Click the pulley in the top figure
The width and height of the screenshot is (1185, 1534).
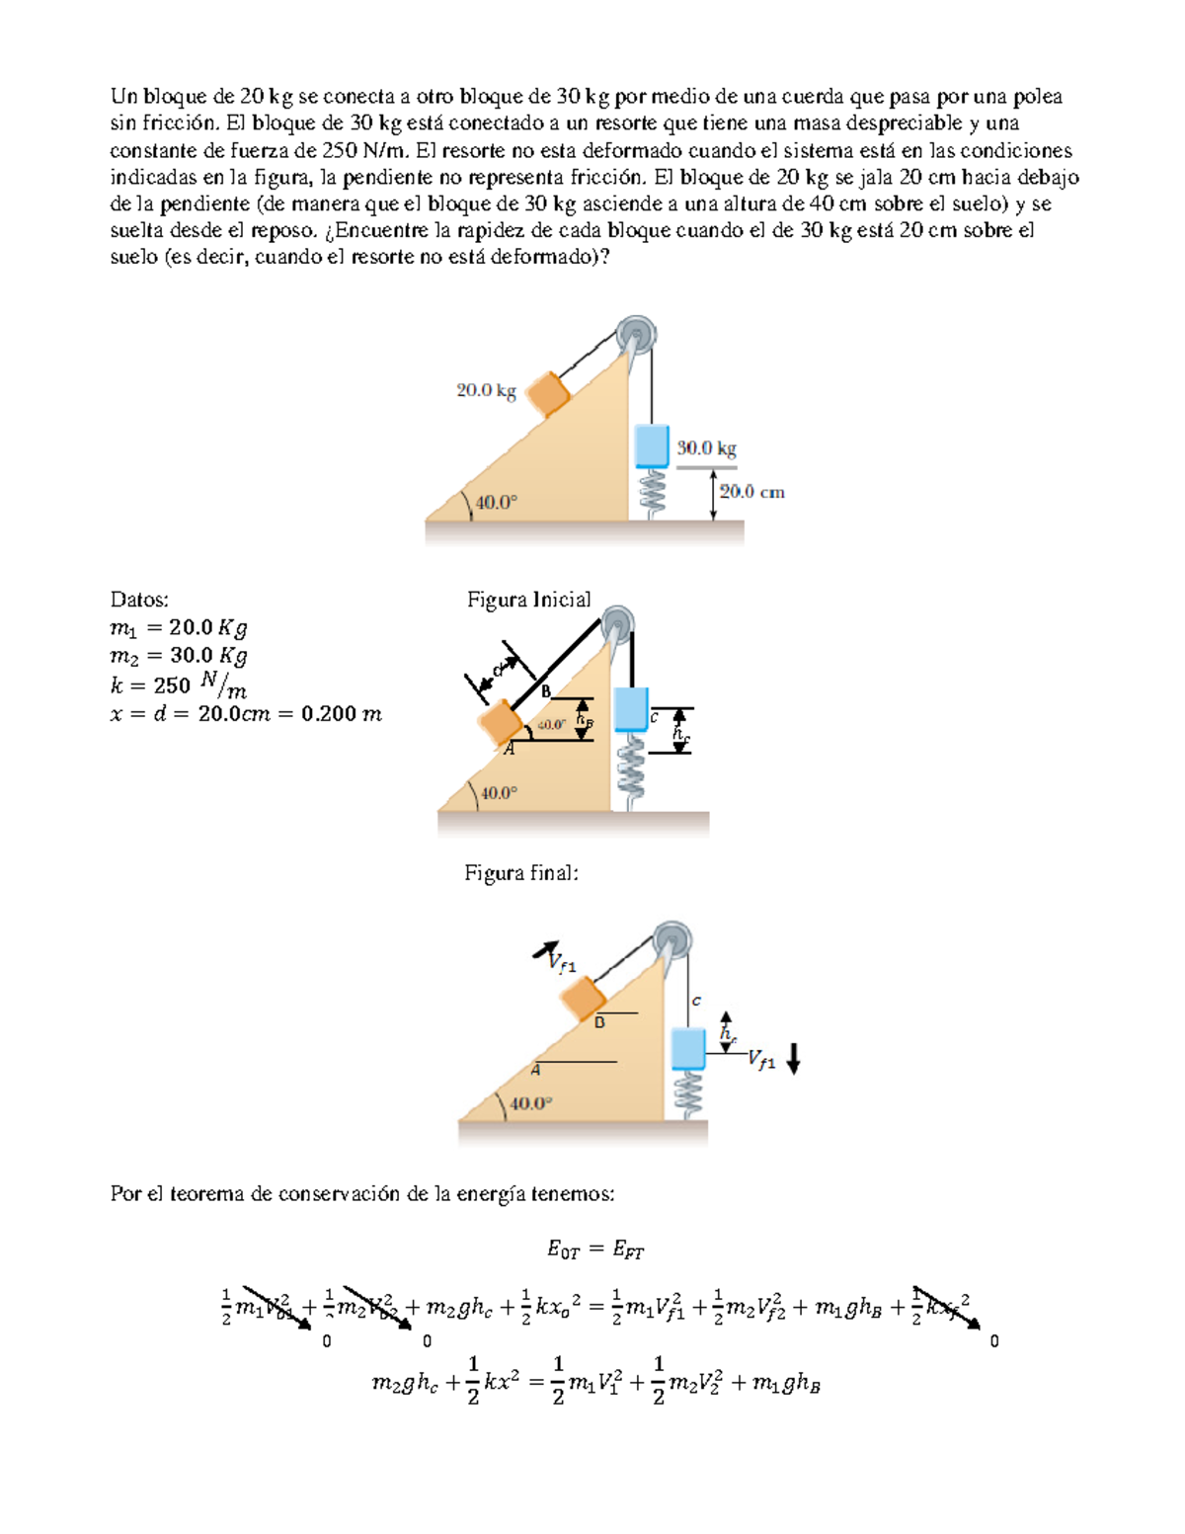(636, 335)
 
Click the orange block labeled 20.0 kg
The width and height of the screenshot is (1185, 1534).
(548, 394)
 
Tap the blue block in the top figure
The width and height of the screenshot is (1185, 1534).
(652, 444)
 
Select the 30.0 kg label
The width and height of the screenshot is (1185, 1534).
(706, 448)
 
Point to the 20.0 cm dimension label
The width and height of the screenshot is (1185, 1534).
(751, 492)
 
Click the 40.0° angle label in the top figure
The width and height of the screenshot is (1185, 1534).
(496, 503)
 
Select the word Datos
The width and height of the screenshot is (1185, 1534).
(139, 600)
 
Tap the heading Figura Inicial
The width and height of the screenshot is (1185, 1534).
(528, 600)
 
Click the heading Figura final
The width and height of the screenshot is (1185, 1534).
(520, 873)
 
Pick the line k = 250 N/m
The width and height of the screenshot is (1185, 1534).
(179, 685)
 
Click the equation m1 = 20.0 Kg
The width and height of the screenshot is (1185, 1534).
(179, 627)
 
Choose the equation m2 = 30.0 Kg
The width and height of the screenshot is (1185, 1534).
(179, 655)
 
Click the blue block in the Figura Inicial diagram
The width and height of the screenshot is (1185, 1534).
(630, 708)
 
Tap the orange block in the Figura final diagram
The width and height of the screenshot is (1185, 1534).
(583, 998)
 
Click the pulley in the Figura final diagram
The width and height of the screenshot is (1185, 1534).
(672, 939)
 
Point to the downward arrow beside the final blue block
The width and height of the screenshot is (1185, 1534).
(793, 1060)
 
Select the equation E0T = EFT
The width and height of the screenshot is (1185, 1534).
(595, 1251)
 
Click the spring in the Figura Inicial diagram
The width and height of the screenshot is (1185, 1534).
(630, 771)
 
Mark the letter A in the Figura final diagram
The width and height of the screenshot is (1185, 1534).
(535, 1070)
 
